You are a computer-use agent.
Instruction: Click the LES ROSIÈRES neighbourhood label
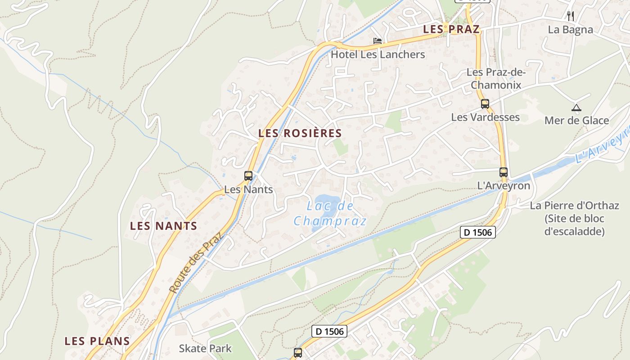click(x=300, y=133)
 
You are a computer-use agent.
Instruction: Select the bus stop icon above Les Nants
click(x=248, y=176)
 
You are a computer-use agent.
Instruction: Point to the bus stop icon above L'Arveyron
click(x=504, y=172)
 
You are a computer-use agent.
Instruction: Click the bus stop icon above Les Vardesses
click(x=485, y=104)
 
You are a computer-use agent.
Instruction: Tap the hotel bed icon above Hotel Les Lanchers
click(x=378, y=41)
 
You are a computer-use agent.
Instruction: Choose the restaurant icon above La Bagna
click(x=571, y=16)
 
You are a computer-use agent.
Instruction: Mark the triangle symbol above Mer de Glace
click(x=576, y=108)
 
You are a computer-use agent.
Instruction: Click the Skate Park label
click(x=205, y=348)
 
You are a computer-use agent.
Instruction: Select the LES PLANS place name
click(x=97, y=341)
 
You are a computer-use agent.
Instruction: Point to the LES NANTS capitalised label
click(x=163, y=226)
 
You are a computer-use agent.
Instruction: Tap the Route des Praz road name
click(x=196, y=262)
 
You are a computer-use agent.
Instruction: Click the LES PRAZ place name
click(x=451, y=29)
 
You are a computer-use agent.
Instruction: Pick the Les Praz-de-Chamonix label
click(x=496, y=78)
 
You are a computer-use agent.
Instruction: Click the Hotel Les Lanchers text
click(x=378, y=54)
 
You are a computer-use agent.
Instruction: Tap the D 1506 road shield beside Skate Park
click(x=330, y=332)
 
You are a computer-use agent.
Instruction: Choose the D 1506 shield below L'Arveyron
click(x=478, y=232)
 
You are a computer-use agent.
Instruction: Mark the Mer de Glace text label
click(x=576, y=121)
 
